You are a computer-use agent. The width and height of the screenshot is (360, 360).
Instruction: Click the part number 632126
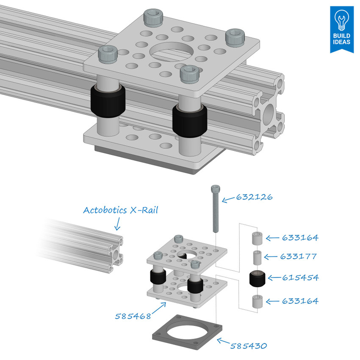tap(254, 197)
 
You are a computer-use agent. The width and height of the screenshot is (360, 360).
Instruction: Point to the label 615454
tap(300, 278)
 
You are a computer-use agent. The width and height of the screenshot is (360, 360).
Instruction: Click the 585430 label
tap(248, 346)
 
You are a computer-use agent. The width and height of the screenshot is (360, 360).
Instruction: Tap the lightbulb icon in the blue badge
tap(341, 19)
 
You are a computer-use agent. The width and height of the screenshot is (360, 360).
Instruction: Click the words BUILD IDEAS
tap(341, 39)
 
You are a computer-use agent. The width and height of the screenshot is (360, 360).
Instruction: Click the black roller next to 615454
tap(258, 279)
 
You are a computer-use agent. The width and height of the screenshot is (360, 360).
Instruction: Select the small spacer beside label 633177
tap(256, 257)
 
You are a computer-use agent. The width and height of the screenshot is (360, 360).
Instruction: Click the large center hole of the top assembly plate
tap(173, 51)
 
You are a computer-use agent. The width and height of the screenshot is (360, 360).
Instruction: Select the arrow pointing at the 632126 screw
tap(229, 199)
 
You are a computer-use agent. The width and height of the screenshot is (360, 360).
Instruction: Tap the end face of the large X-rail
tap(269, 112)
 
